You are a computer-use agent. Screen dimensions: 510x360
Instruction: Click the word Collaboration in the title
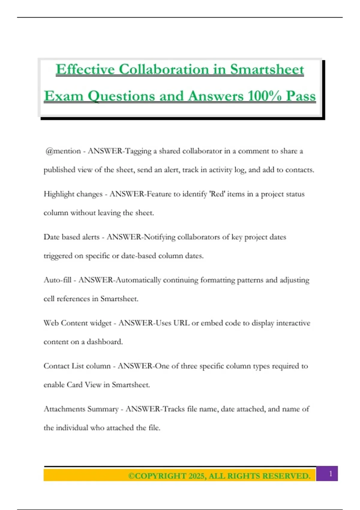(x=164, y=70)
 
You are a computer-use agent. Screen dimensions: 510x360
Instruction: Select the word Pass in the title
(x=301, y=96)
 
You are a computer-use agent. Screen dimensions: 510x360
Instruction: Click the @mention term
(x=63, y=151)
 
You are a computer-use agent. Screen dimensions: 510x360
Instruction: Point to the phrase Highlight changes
(x=73, y=194)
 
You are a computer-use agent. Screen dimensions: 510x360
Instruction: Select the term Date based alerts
(x=71, y=237)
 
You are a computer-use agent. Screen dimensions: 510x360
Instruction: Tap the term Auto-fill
(x=57, y=280)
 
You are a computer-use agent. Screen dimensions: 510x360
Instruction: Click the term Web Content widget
(x=77, y=323)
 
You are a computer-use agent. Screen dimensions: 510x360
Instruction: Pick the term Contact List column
(x=77, y=366)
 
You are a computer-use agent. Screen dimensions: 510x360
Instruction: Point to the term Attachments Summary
(x=81, y=409)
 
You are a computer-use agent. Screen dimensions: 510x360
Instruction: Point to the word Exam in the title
(x=64, y=96)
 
